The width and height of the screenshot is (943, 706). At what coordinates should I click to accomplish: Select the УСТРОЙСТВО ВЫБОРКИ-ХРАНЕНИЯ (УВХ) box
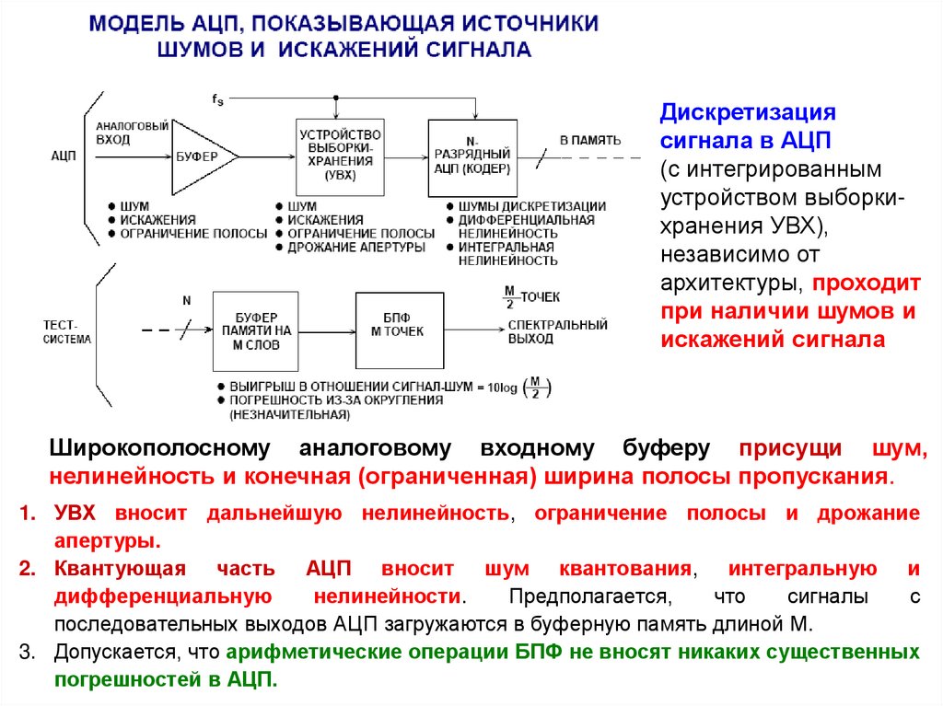[338, 156]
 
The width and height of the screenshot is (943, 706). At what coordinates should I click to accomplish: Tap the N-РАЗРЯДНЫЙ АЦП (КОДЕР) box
[473, 156]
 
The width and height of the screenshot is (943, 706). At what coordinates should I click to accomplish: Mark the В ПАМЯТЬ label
[590, 141]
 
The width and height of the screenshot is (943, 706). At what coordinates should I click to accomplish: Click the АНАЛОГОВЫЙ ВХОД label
[132, 133]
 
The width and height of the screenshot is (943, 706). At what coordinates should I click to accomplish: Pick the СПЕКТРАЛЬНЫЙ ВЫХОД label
[558, 331]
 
